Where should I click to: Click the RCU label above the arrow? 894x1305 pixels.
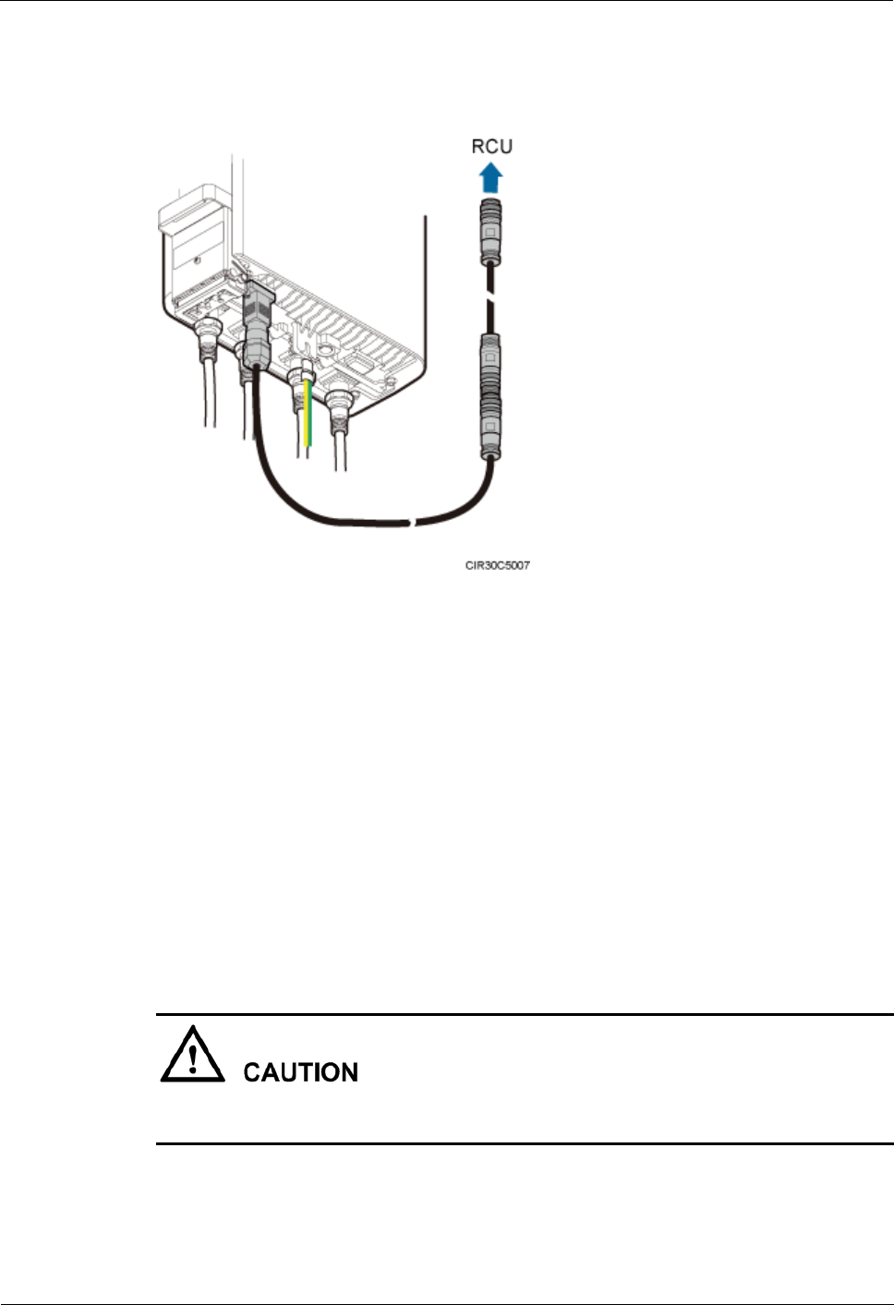click(x=491, y=146)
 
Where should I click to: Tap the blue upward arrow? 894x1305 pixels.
click(x=491, y=177)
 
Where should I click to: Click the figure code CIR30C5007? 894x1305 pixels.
click(x=497, y=564)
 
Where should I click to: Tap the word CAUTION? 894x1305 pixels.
click(x=300, y=1072)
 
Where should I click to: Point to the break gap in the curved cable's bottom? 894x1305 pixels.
click(x=414, y=525)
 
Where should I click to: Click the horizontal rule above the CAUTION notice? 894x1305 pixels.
click(x=525, y=1014)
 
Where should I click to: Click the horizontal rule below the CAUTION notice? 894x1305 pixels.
click(x=525, y=1143)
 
